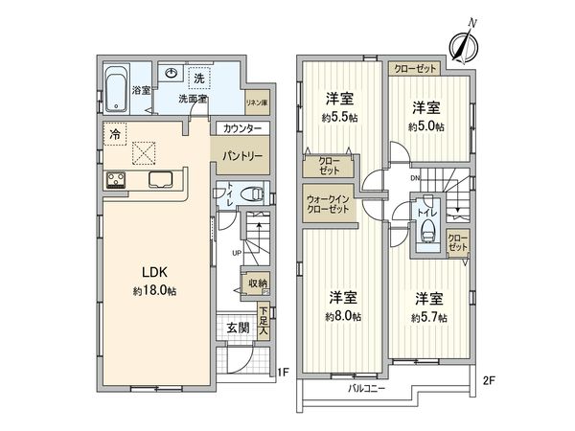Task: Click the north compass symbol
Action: pos(464,45)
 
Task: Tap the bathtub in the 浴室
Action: pos(117,89)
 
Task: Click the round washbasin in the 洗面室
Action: pos(171,74)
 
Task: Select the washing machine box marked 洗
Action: pos(199,79)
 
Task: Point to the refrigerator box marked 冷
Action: pos(115,134)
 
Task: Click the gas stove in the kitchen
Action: pos(116,181)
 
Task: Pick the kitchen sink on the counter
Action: pos(160,180)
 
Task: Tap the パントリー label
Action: pos(242,156)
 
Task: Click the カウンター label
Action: pos(242,128)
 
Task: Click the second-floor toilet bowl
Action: pos(427,229)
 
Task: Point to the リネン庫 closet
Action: pos(257,102)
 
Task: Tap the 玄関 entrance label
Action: pos(238,328)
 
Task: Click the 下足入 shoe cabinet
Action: pos(264,321)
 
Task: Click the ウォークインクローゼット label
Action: pos(328,205)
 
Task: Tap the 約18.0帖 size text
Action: pos(154,291)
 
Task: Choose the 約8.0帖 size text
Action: pos(343,316)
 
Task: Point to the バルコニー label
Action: pos(366,388)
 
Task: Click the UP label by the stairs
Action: pos(237,253)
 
